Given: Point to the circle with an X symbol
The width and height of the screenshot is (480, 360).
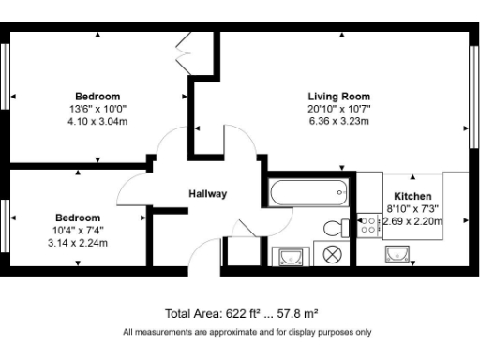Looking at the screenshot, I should (x=332, y=253).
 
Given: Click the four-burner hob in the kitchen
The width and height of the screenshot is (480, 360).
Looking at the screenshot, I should (x=368, y=225).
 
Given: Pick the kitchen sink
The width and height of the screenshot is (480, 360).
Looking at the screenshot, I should (x=397, y=253).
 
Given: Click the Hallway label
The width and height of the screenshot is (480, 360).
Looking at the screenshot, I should (x=207, y=194).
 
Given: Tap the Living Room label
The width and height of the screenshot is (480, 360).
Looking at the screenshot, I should (x=338, y=97).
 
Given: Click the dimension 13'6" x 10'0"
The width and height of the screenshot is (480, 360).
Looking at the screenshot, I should (x=98, y=109).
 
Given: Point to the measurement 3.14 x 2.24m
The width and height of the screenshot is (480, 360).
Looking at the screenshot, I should (x=78, y=242).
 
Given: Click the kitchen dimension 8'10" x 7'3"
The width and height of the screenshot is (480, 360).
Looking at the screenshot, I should (x=412, y=209).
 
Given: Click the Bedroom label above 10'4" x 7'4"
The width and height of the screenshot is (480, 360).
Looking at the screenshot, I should (x=78, y=217).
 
